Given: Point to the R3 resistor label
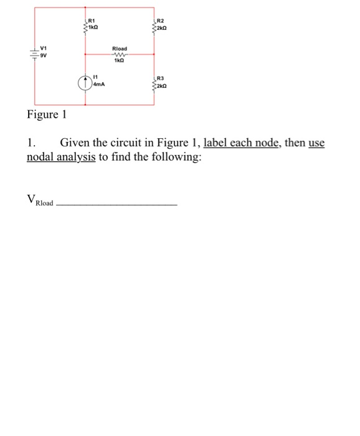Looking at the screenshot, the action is (x=160, y=80).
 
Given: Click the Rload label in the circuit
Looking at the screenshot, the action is (x=120, y=48).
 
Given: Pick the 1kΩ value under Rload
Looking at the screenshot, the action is (x=120, y=61).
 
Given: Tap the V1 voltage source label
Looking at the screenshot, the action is (x=44, y=48).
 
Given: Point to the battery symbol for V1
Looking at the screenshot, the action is (x=34, y=52).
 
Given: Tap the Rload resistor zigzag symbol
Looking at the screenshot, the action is (x=120, y=55).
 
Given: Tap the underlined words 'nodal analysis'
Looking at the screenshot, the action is (x=61, y=157).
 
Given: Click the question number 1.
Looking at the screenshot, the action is (x=31, y=143).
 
